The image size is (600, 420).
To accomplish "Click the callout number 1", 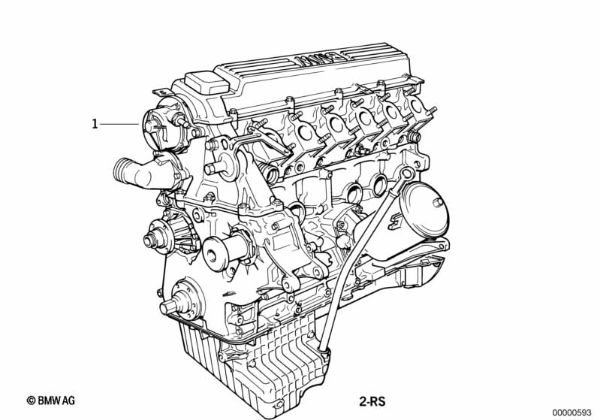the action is point(95,124).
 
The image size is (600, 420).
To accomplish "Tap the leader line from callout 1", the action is point(119,124).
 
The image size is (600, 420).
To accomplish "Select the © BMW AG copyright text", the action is point(51,400).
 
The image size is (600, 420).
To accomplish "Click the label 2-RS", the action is point(372,402).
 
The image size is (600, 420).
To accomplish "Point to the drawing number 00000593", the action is point(572,412).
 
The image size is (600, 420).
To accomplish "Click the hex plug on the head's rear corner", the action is point(413,136).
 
